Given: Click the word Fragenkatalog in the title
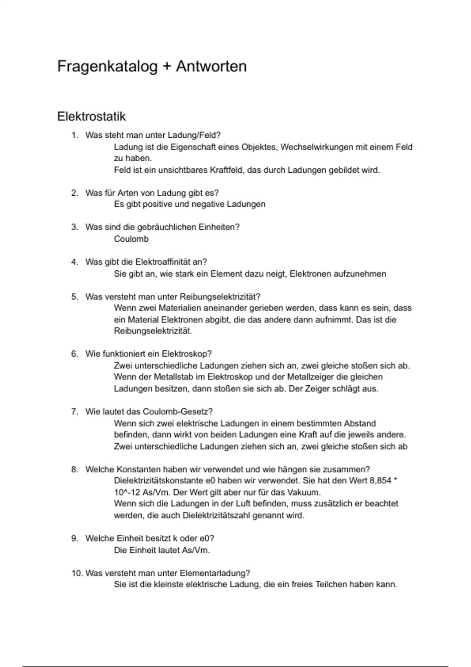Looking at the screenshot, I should point(107,67).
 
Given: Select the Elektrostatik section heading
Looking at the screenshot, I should point(91,117).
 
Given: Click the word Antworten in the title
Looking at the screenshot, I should point(211,67).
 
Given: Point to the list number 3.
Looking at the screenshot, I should point(74,227).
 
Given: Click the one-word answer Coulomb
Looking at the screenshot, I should point(131,239).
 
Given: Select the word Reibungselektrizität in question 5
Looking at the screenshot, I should point(220,297).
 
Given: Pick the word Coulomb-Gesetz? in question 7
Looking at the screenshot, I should point(178,412).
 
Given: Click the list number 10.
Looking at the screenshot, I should point(77,573).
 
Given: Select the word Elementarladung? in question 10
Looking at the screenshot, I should point(215,573).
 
